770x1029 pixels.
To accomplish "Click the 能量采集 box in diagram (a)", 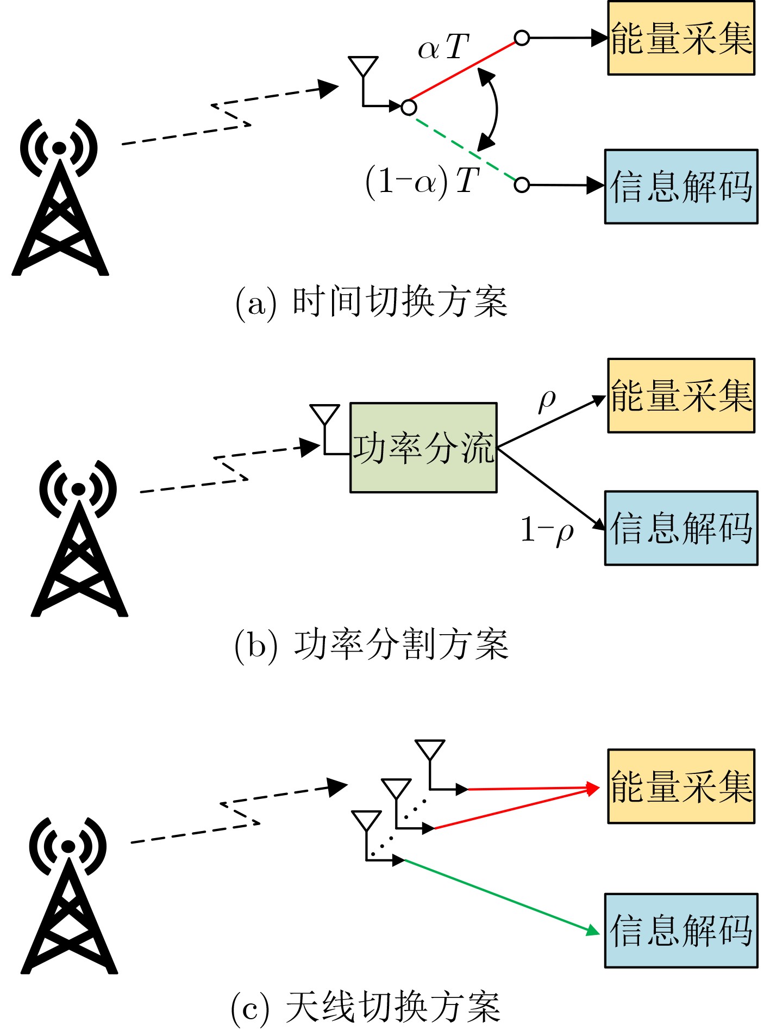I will tap(681, 38).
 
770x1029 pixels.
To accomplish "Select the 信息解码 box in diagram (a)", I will tap(681, 187).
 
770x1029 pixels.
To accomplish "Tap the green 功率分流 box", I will tap(423, 448).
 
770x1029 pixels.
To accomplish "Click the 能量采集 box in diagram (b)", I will tap(681, 395).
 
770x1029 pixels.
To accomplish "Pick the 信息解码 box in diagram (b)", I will tap(681, 528).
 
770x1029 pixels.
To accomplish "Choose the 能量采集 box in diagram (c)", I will tap(681, 786).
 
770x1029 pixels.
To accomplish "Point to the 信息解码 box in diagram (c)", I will tap(681, 931).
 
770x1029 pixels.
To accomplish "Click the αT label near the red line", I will tap(443, 47).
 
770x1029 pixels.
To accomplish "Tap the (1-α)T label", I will tap(423, 182).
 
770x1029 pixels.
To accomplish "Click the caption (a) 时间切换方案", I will tap(372, 302).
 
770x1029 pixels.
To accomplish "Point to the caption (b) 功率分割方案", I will tap(372, 645).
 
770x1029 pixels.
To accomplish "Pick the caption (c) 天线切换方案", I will tap(365, 1007).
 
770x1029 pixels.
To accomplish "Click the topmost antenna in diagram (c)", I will tap(430, 753).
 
